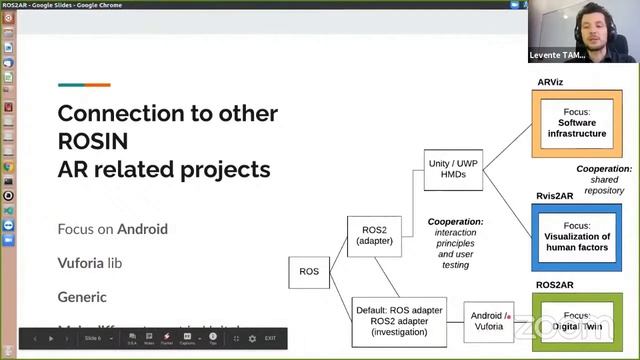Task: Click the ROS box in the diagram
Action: [x=308, y=271]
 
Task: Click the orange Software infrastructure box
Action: [x=576, y=123]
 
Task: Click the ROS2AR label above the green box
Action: [x=555, y=285]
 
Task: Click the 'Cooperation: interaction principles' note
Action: [x=455, y=242]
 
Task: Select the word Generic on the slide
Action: [x=82, y=297]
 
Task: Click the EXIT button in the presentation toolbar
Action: [x=270, y=339]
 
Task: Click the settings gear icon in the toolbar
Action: [x=251, y=339]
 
